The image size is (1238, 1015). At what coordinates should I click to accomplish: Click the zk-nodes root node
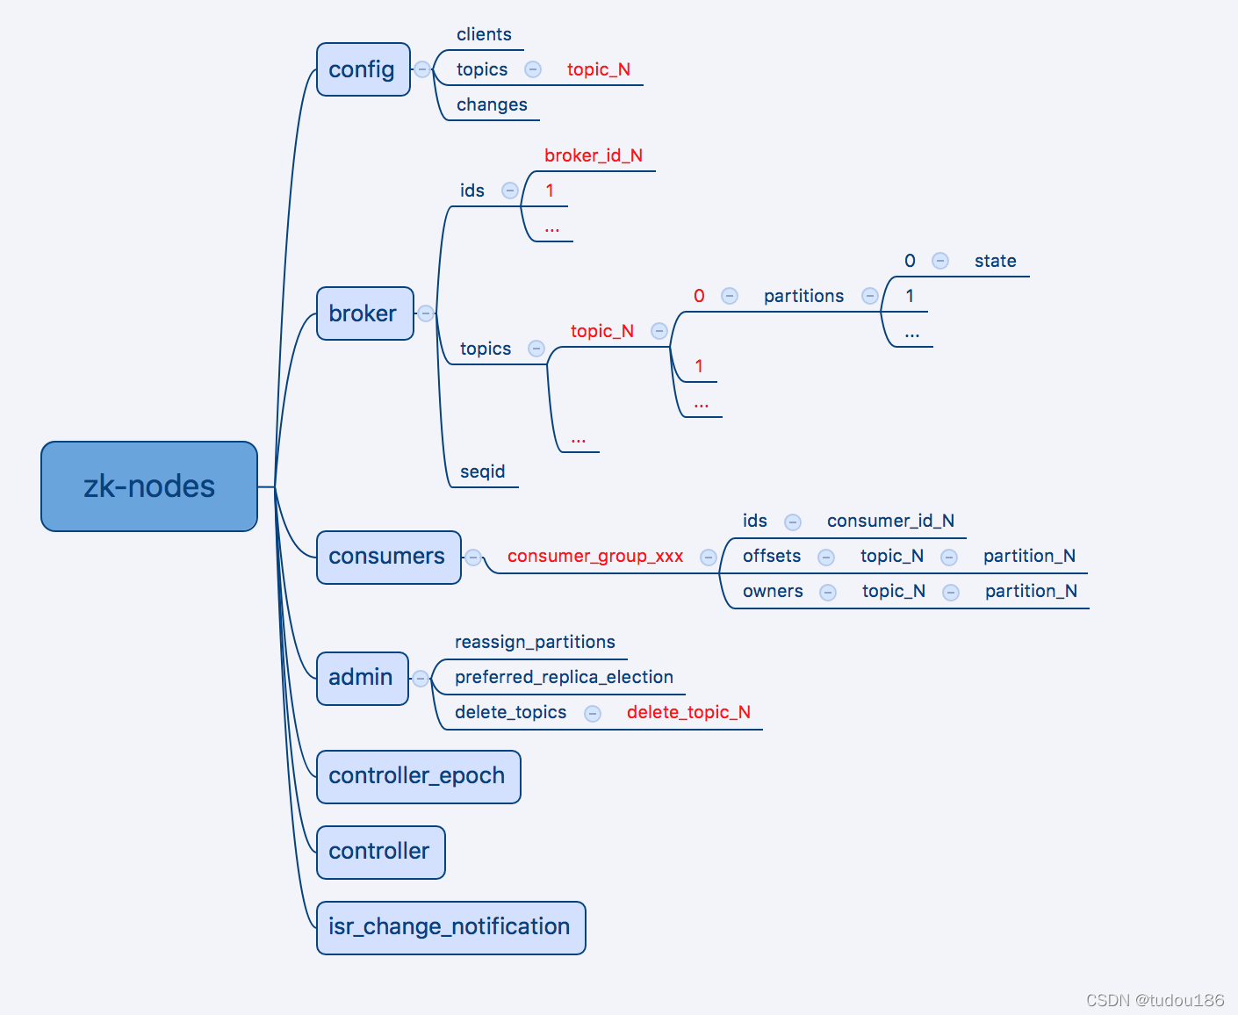coord(149,486)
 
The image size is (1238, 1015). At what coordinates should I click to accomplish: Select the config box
coord(363,69)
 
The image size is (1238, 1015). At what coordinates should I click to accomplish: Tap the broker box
coord(364,313)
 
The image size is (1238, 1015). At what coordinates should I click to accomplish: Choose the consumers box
coord(388,557)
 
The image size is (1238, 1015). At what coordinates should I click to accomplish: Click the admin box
coord(362,678)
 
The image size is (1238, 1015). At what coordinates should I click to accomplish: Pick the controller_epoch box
coord(418,776)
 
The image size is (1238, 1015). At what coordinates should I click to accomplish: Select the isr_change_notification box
coord(450,927)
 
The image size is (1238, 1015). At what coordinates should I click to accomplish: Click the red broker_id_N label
coord(594,155)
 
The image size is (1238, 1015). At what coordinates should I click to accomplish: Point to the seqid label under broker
coord(483,472)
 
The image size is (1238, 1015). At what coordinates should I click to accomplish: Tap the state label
coord(995,261)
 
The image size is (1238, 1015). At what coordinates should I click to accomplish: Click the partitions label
coord(803,296)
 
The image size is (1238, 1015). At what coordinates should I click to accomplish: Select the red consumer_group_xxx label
coord(595,556)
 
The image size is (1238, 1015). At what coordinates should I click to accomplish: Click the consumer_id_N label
coord(890,521)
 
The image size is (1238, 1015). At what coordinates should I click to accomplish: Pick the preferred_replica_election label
coord(564,677)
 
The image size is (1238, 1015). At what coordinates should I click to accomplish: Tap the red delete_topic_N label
coord(688,712)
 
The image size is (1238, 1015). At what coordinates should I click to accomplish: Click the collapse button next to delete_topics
coord(593,713)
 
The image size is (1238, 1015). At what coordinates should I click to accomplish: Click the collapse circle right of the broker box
coord(426,313)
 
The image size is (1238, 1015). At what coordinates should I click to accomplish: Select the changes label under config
coord(492,104)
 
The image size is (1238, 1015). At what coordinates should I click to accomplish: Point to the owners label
coord(773,591)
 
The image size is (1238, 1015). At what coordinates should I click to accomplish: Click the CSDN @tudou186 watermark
coord(1155,1000)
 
